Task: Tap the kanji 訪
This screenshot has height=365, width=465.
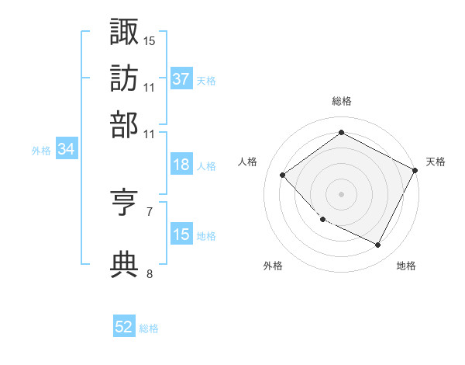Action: [x=124, y=78]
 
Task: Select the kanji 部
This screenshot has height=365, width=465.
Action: [x=124, y=124]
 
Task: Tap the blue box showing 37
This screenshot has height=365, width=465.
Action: [x=181, y=79]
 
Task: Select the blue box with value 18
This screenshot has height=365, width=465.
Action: [x=181, y=165]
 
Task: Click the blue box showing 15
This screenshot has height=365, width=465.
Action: [x=181, y=235]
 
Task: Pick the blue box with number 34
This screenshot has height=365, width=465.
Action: [x=66, y=150]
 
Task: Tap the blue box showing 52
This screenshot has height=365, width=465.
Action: [x=124, y=327]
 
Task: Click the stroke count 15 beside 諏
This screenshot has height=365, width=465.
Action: [x=150, y=40]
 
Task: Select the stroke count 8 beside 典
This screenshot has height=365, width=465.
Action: [x=150, y=273]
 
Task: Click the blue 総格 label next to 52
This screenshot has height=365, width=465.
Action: [x=149, y=328]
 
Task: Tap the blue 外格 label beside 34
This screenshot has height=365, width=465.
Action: [x=41, y=151]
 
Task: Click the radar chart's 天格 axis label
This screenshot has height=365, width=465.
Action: [x=436, y=162]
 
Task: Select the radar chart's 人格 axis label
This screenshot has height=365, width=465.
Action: [x=247, y=162]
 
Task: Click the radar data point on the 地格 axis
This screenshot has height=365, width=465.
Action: [x=378, y=245]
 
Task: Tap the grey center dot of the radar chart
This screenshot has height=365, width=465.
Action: [x=341, y=193]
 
